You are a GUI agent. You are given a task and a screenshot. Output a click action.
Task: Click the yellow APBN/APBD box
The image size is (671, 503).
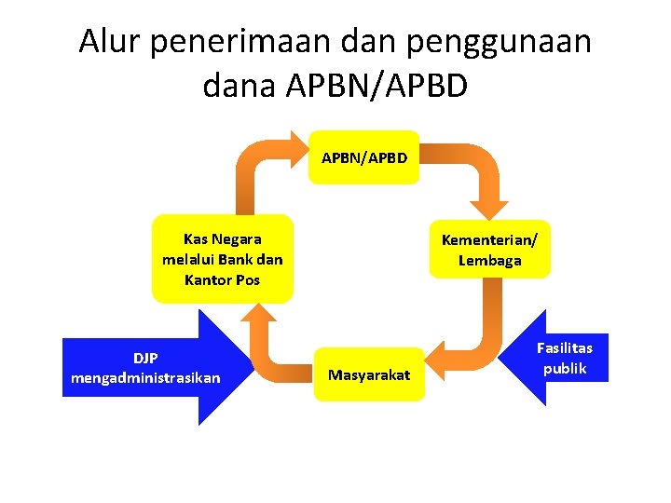pos(364,157)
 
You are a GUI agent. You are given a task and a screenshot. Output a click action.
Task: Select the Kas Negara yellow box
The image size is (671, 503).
pos(223,260)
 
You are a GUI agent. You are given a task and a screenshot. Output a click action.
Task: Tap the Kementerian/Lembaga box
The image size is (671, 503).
pos(489,250)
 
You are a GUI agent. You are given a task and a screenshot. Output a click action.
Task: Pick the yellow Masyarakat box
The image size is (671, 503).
pos(369,374)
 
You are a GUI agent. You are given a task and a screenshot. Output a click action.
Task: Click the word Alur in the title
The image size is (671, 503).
pos(103,42)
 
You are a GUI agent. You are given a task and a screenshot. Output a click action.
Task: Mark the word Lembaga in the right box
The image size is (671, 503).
pos(489,261)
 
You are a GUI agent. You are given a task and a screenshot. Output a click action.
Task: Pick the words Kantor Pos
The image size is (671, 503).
pos(223,279)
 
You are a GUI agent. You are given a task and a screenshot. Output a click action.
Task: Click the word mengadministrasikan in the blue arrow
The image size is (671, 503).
pos(145,377)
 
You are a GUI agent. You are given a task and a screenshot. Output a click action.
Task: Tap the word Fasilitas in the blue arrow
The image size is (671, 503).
pos(564,347)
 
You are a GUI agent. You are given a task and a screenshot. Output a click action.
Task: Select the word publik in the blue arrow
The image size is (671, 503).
pos(565,368)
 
